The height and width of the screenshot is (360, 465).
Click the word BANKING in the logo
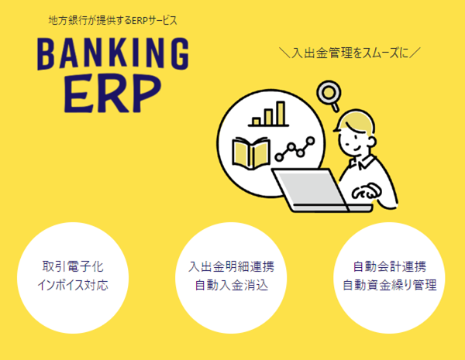tap(112, 53)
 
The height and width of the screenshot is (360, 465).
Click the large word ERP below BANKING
tap(112, 93)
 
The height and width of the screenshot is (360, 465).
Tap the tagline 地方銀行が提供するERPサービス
tap(112, 20)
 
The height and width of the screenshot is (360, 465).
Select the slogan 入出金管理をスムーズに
tap(350, 53)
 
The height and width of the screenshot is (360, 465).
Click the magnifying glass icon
tap(329, 95)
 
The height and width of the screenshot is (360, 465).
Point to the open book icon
tap(251, 153)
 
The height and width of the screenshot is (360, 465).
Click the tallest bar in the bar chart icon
tap(281, 113)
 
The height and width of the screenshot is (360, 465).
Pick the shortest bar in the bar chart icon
tap(257, 122)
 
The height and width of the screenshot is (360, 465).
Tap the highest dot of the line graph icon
tap(310, 141)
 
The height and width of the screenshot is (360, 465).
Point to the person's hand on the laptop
tap(365, 192)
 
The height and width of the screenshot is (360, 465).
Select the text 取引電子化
tap(73, 266)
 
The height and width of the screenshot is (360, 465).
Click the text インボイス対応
tap(73, 285)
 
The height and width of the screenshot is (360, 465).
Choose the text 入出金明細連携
tap(231, 266)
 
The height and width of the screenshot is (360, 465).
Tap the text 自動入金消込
tap(231, 285)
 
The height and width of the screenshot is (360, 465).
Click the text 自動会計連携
tap(390, 266)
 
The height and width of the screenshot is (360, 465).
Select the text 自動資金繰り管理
tap(390, 285)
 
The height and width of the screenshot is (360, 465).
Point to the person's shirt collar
tap(362, 162)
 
